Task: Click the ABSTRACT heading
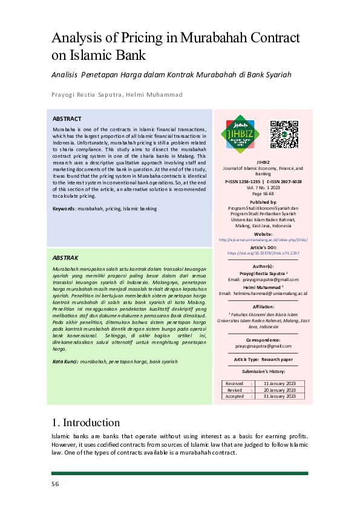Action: pyautogui.click(x=67, y=119)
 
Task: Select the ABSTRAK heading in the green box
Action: pyautogui.click(x=65, y=258)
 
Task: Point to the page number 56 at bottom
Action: pyautogui.click(x=55, y=484)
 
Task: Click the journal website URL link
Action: pyautogui.click(x=263, y=239)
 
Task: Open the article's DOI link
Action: pyautogui.click(x=263, y=254)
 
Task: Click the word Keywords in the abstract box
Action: pyautogui.click(x=64, y=209)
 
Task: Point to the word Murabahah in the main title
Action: pyautogui.click(x=227, y=38)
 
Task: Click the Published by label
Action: pyautogui.click(x=263, y=202)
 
